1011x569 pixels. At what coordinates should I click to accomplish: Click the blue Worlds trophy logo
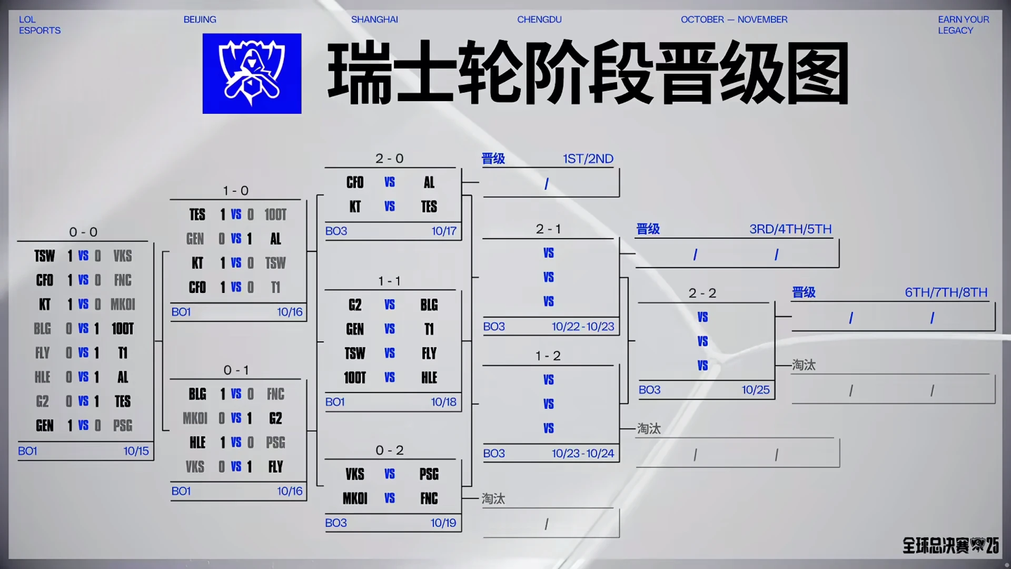coord(251,74)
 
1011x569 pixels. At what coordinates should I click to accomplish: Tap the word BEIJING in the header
coord(200,20)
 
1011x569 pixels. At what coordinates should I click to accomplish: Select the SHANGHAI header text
coord(374,20)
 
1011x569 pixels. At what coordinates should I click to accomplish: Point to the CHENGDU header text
coord(539,20)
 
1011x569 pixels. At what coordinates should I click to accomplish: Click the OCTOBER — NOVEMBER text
coord(734,20)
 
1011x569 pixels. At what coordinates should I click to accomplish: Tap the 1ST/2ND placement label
coord(588,159)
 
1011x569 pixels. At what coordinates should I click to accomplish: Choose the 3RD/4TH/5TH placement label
coord(790,229)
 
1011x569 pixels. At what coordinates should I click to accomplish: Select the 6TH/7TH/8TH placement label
coord(946,292)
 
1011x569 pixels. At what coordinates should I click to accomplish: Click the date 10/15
coord(136,451)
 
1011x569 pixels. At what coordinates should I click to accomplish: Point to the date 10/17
coord(444,231)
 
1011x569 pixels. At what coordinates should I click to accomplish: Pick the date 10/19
coord(444,523)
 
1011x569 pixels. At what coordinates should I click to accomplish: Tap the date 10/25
coord(755,390)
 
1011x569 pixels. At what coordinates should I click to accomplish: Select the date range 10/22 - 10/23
coord(583,327)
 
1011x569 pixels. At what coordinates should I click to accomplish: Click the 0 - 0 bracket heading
coord(83,232)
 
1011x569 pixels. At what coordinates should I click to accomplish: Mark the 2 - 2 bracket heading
coord(702,293)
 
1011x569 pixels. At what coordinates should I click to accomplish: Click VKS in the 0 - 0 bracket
coord(123,256)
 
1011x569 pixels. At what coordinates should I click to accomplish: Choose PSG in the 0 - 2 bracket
coord(429,474)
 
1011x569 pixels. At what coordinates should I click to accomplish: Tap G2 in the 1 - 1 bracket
coord(355,305)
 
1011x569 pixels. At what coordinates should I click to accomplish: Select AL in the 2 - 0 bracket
coord(429,183)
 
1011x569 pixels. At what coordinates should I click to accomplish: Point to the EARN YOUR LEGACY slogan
coord(963,25)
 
